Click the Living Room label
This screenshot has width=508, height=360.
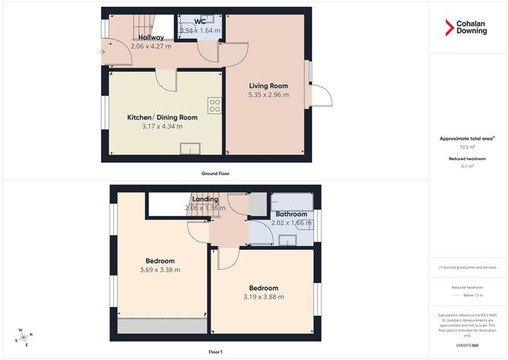pyautogui.click(x=268, y=85)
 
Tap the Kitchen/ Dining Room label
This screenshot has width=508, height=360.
pyautogui.click(x=162, y=117)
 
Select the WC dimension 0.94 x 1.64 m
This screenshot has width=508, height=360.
pyautogui.click(x=200, y=31)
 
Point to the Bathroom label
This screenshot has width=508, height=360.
pyautogui.click(x=291, y=214)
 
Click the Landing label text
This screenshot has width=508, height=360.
pyautogui.click(x=205, y=199)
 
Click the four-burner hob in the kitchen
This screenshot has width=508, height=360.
pyautogui.click(x=214, y=105)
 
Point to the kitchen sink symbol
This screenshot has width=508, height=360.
pyautogui.click(x=190, y=148)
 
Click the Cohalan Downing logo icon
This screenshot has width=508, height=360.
pyautogui.click(x=449, y=28)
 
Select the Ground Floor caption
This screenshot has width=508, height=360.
pyautogui.click(x=216, y=174)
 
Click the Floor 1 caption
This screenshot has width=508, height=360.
pyautogui.click(x=216, y=352)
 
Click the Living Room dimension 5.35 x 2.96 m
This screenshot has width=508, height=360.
pyautogui.click(x=268, y=95)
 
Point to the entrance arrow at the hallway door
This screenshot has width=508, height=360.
pyautogui.click(x=102, y=51)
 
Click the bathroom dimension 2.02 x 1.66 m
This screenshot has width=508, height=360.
pyautogui.click(x=292, y=223)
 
